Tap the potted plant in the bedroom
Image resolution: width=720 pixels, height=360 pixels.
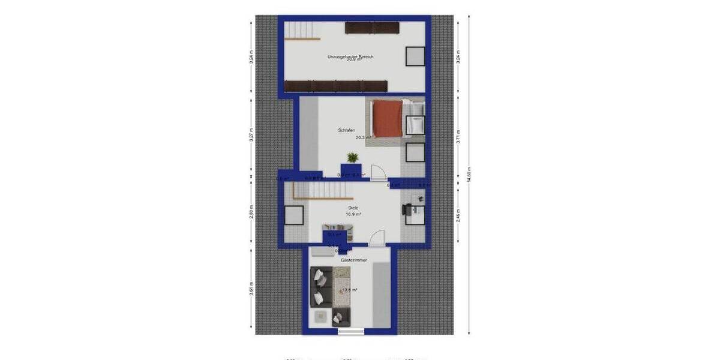(352, 158)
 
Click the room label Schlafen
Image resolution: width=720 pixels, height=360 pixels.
(346, 130)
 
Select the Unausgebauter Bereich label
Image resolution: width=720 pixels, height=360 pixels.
(350, 57)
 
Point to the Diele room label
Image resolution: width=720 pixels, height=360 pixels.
(353, 208)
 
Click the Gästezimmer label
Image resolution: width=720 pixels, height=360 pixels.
(354, 260)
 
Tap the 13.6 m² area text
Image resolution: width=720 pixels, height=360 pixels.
(350, 290)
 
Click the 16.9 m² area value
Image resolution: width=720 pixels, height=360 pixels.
(353, 214)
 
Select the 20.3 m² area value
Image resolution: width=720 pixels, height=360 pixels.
(362, 137)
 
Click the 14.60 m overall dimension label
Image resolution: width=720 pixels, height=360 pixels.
(469, 174)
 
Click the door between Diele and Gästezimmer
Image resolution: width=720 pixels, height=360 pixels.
(376, 239)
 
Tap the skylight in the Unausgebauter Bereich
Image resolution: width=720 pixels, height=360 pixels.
(415, 56)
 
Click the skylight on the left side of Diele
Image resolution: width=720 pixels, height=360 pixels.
(294, 215)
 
